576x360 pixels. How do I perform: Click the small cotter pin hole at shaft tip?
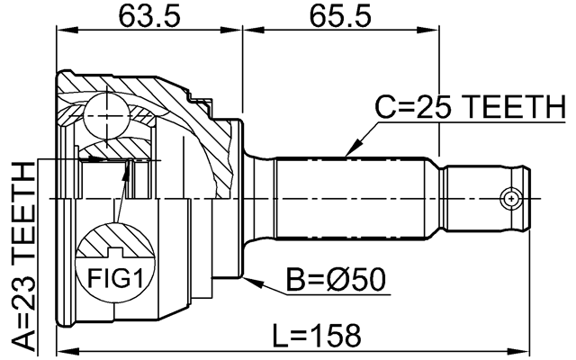tap(512, 196)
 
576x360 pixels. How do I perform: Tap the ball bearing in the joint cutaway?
tap(105, 114)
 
